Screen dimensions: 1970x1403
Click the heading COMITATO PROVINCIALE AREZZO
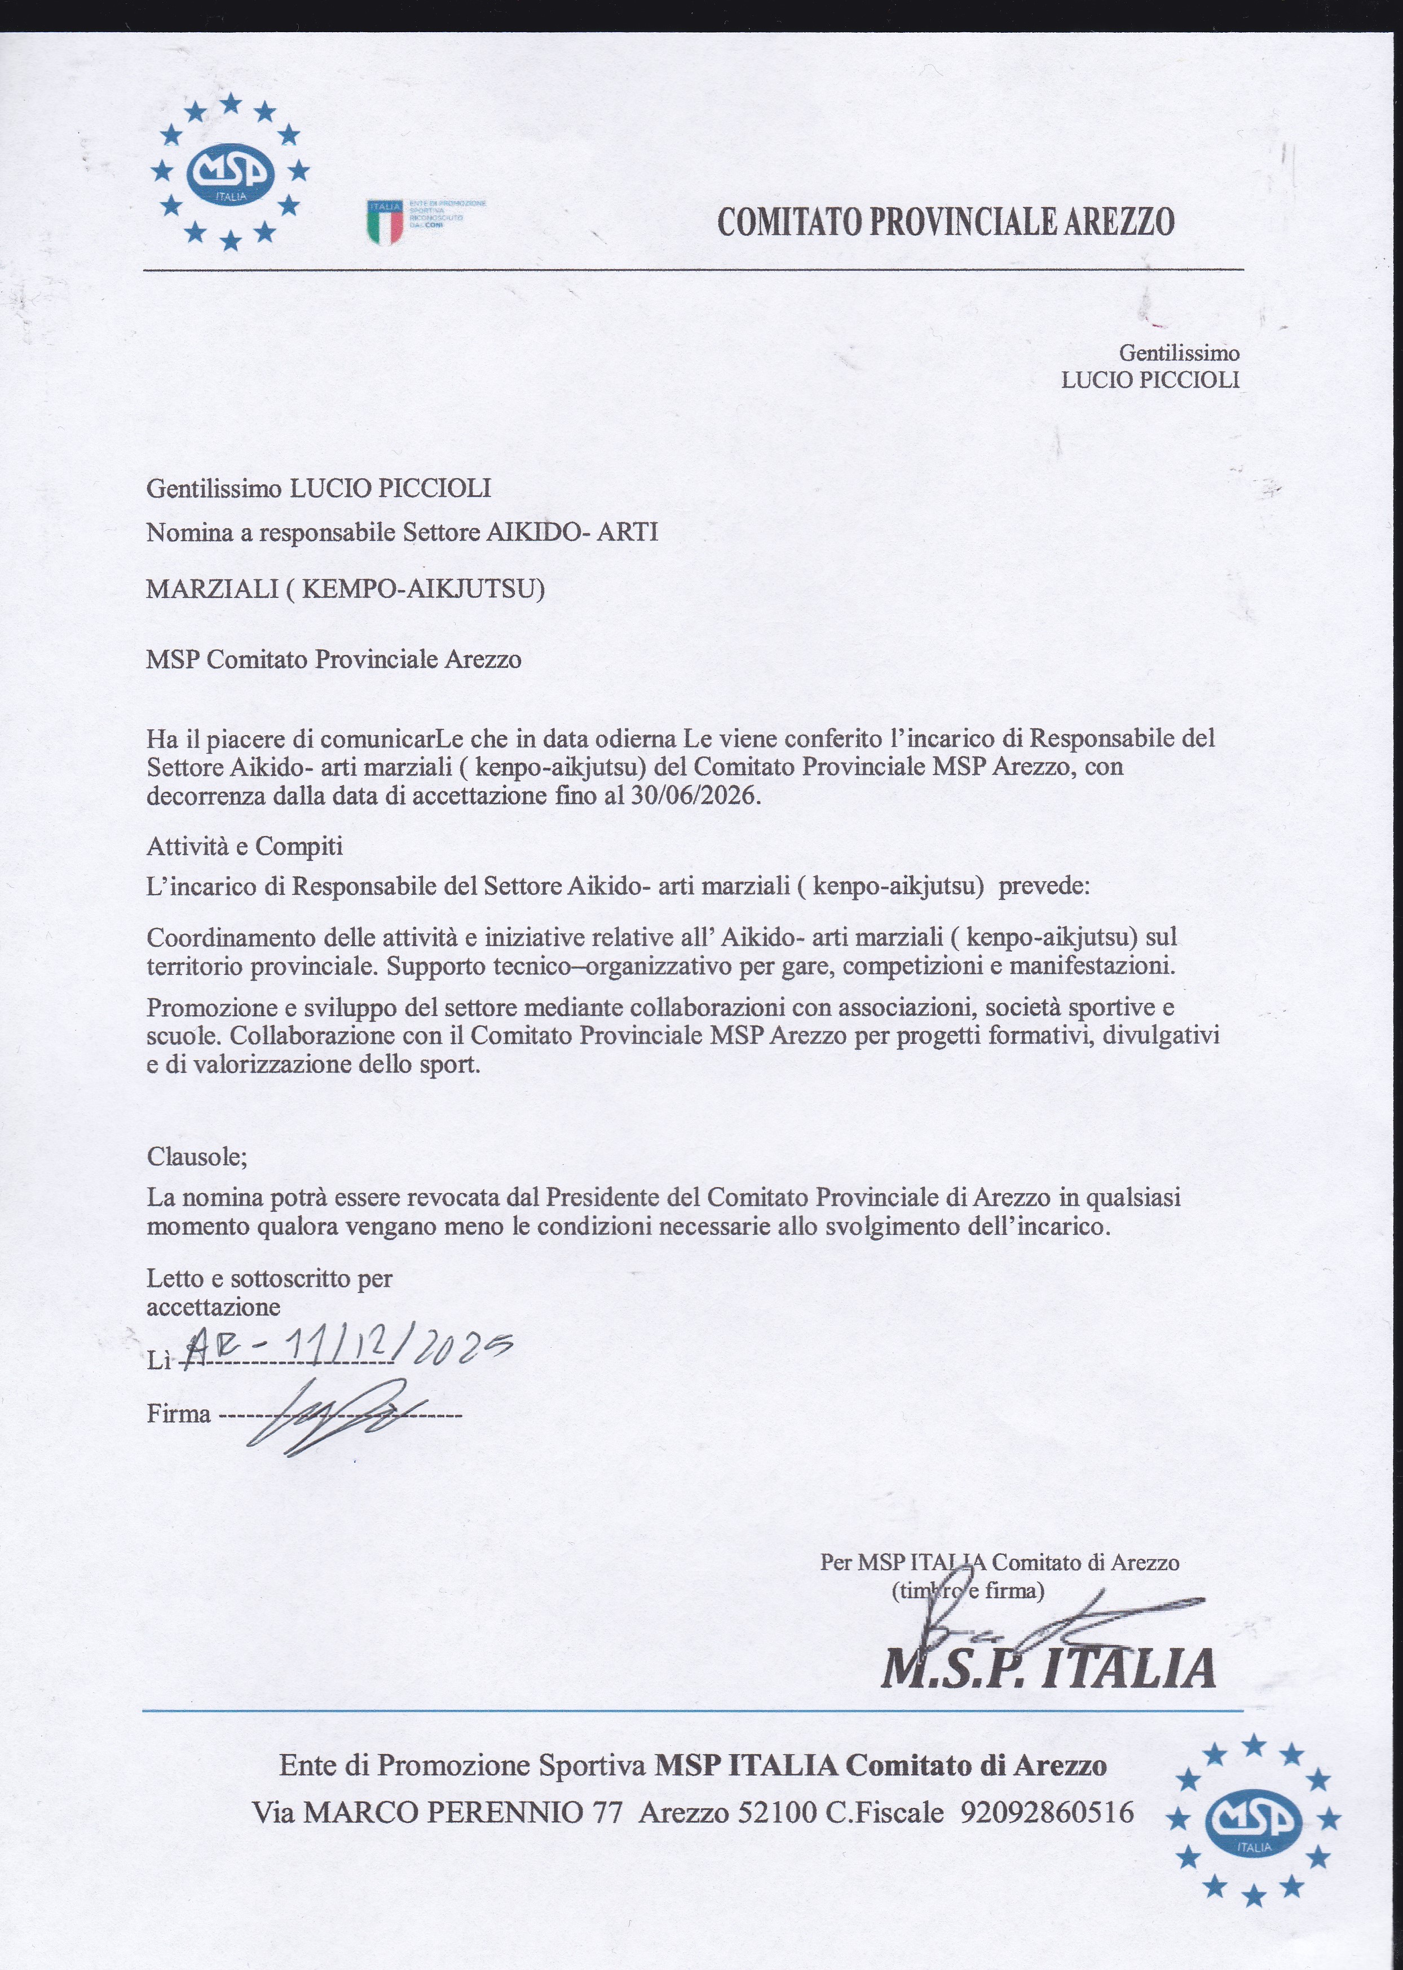pos(946,222)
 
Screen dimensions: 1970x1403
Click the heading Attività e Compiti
pos(245,845)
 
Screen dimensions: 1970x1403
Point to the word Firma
pos(179,1414)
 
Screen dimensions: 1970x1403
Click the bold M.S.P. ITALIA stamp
pos(1047,1668)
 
